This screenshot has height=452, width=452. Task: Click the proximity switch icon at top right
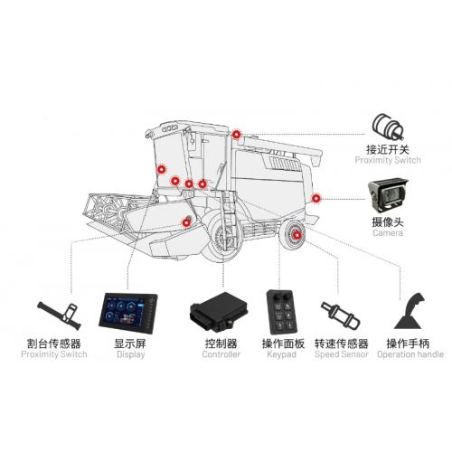388,127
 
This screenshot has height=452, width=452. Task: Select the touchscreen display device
128,313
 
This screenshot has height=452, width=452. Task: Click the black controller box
219,312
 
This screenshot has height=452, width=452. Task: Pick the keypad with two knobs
282,312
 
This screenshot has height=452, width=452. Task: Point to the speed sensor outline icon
340,315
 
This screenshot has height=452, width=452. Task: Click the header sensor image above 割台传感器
60,315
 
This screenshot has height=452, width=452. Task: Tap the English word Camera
388,233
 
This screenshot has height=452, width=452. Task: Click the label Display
130,354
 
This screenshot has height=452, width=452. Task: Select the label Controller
221,354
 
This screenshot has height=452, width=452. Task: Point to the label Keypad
281,354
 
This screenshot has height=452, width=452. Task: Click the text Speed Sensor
342,354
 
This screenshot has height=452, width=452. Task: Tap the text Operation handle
410,354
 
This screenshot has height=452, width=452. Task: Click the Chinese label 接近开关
388,149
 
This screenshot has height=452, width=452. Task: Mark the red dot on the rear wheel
297,235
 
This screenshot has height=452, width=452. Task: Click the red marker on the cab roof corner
236,135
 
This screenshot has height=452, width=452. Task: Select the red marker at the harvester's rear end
315,198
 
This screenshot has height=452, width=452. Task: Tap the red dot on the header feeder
186,222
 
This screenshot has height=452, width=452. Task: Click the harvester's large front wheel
222,237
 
